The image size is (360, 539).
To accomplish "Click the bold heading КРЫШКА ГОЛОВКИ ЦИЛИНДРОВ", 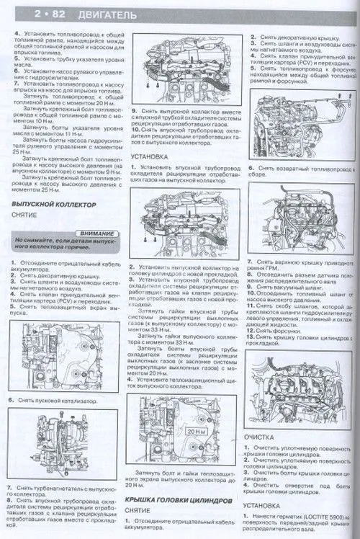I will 179,499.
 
